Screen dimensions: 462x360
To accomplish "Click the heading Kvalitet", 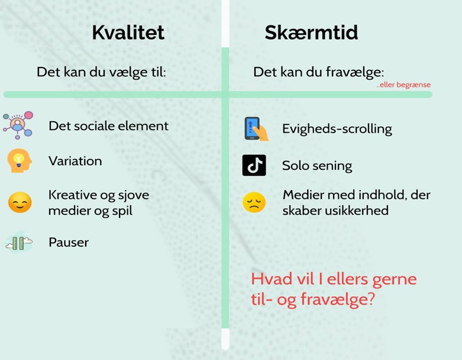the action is click(x=128, y=33).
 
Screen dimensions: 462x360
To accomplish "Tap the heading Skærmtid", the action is click(x=311, y=33).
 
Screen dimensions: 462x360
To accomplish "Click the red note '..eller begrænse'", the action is click(x=403, y=85).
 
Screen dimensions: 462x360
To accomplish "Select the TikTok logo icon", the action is click(x=254, y=165).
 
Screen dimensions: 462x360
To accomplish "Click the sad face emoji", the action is click(x=254, y=202).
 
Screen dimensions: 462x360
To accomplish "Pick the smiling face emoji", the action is click(x=20, y=202).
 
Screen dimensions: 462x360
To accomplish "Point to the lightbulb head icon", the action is click(x=20, y=160).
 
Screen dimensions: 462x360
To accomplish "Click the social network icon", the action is click(x=18, y=126).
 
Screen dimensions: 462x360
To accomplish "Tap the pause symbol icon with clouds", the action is click(x=19, y=242).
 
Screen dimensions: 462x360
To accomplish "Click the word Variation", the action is click(x=76, y=161).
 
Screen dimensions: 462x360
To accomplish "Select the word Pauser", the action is click(x=69, y=242).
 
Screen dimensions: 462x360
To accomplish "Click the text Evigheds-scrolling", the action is click(x=337, y=129).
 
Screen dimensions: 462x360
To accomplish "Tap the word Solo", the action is click(x=295, y=165).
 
